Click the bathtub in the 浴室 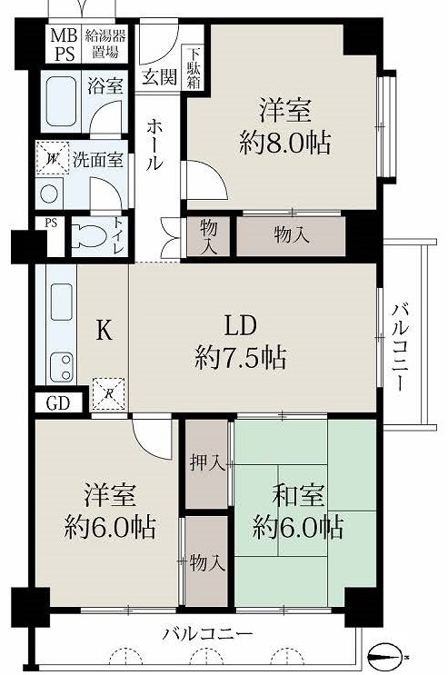tap(61, 102)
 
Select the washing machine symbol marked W tap(52, 158)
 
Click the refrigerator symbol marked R tap(108, 394)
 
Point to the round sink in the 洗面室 tap(49, 194)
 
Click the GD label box tap(58, 403)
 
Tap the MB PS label tap(64, 45)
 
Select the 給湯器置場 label tap(105, 44)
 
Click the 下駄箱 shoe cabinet tap(194, 67)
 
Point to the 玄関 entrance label tap(159, 77)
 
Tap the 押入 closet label tap(207, 462)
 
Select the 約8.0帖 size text tap(284, 143)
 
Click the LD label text tap(241, 326)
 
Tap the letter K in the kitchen tap(104, 331)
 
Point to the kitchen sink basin tap(62, 303)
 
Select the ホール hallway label tap(155, 144)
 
